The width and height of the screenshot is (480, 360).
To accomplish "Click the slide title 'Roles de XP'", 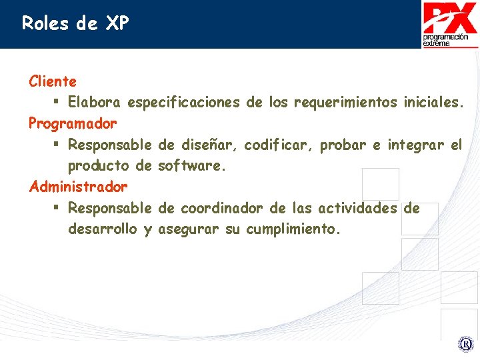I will (x=75, y=24).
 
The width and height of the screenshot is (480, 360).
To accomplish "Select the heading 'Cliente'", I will (x=53, y=82).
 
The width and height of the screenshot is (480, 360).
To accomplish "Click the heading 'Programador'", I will (x=73, y=124).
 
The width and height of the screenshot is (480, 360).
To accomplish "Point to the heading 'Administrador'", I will (x=78, y=187).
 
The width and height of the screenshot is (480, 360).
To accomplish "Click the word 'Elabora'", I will (x=94, y=103).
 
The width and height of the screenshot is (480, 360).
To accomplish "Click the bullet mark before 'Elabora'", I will (x=58, y=103).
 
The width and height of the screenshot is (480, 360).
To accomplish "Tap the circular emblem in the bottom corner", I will (x=465, y=345).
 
